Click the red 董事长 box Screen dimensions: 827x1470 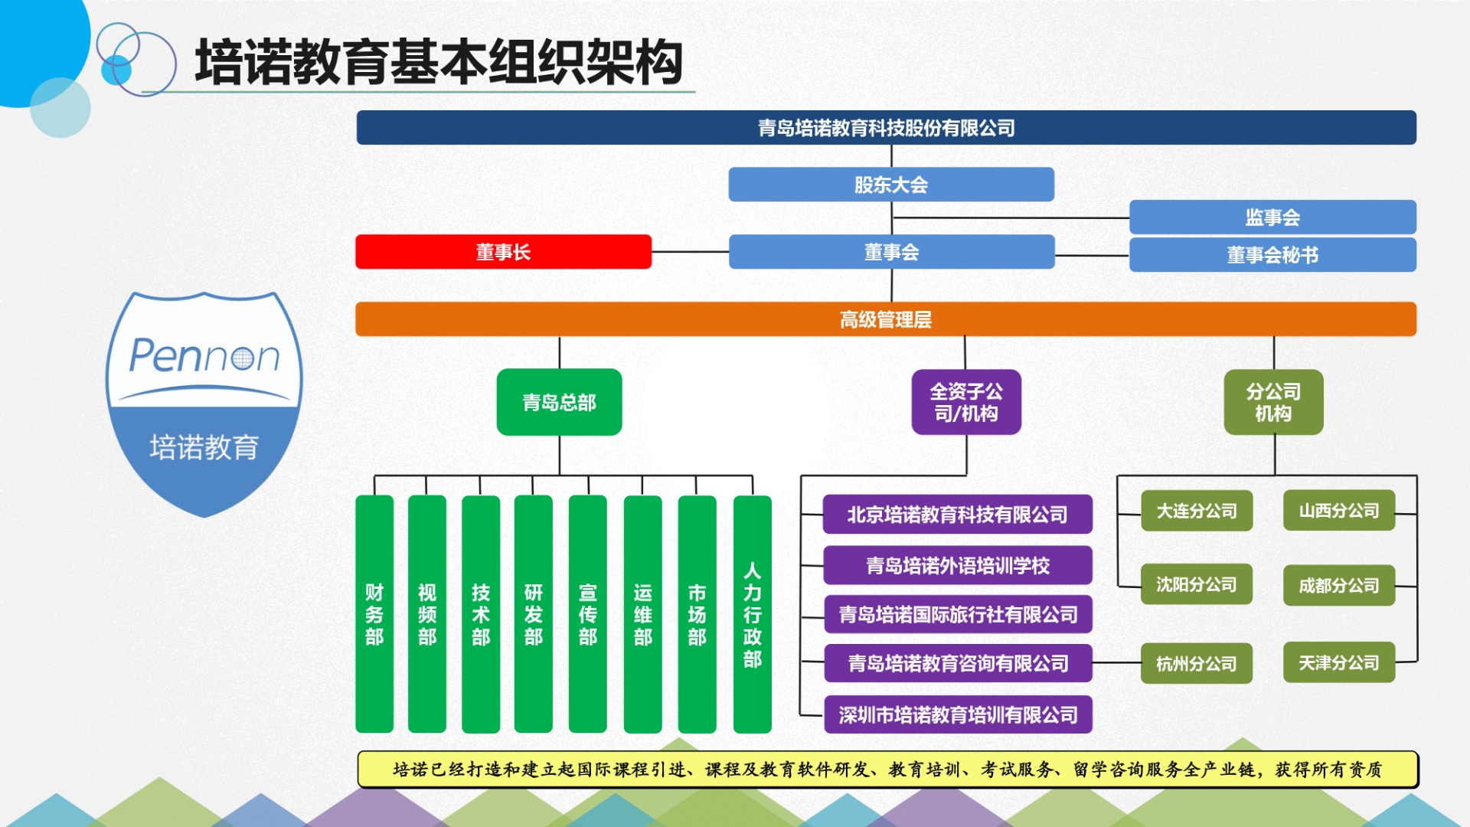[x=503, y=252]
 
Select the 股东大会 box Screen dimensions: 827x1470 [x=890, y=185]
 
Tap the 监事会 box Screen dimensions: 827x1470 [x=1272, y=217]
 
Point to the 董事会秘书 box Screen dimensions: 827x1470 [x=1272, y=255]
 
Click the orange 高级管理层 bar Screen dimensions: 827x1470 [x=885, y=319]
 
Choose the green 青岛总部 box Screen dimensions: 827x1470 [x=559, y=402]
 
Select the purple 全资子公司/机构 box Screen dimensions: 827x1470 [x=965, y=402]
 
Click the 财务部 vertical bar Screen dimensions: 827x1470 [x=374, y=613]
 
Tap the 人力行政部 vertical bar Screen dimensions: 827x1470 [x=752, y=613]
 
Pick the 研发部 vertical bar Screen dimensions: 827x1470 [x=533, y=613]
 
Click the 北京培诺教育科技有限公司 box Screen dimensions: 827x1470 [x=957, y=515]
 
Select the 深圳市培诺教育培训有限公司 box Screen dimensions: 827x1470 [x=957, y=715]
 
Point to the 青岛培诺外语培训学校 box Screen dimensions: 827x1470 [x=957, y=565]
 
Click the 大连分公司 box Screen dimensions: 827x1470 [x=1196, y=511]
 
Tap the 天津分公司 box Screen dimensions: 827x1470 [x=1338, y=662]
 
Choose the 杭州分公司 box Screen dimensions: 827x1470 [x=1196, y=663]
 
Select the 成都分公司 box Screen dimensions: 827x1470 [x=1338, y=586]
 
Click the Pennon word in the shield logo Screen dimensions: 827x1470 [x=204, y=356]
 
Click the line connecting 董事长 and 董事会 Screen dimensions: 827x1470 [x=690, y=251]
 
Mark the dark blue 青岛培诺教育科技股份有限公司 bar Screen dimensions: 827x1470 [x=886, y=128]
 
